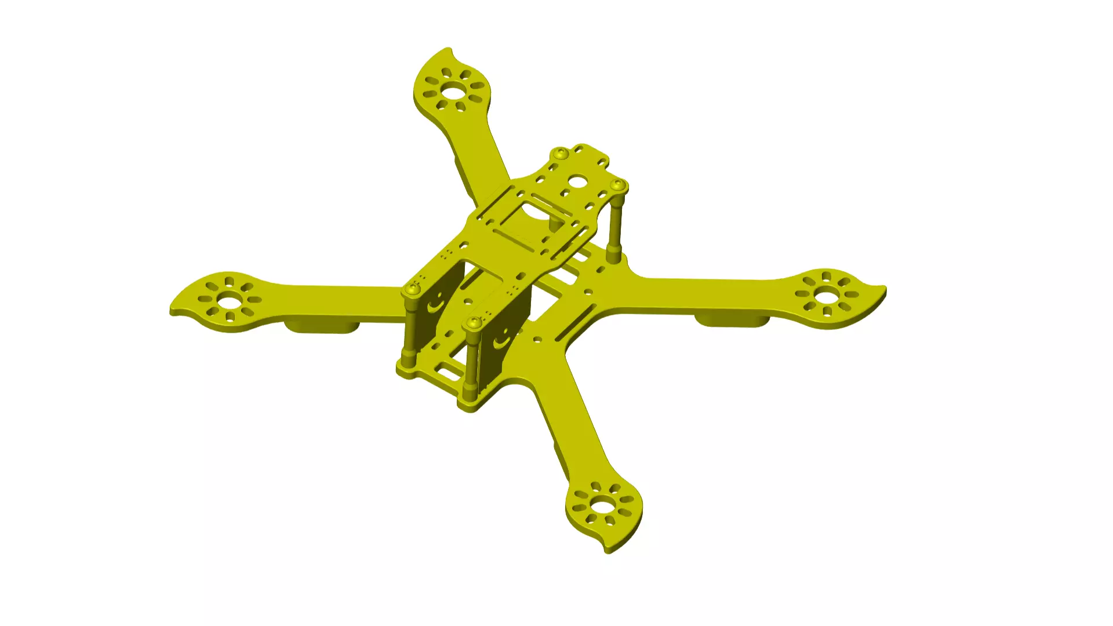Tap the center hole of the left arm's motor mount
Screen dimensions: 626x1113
230,301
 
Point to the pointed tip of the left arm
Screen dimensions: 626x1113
172,314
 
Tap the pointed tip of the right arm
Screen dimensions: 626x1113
885,287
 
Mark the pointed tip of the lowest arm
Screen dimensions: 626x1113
608,552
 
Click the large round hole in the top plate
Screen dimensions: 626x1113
577,181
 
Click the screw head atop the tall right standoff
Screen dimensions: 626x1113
619,185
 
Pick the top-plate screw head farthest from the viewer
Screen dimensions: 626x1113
561,154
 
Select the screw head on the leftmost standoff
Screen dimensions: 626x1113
412,289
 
